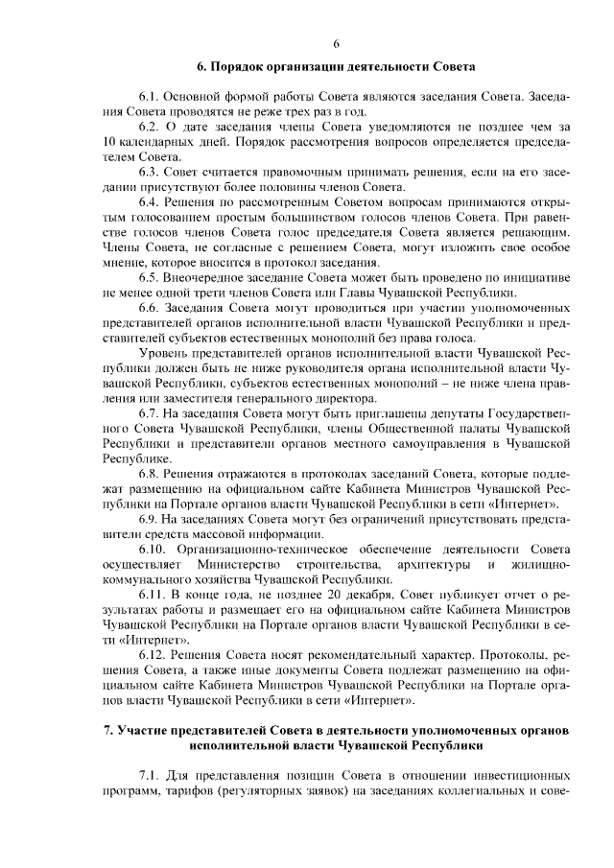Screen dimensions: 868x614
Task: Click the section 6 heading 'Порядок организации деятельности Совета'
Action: click(337, 67)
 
